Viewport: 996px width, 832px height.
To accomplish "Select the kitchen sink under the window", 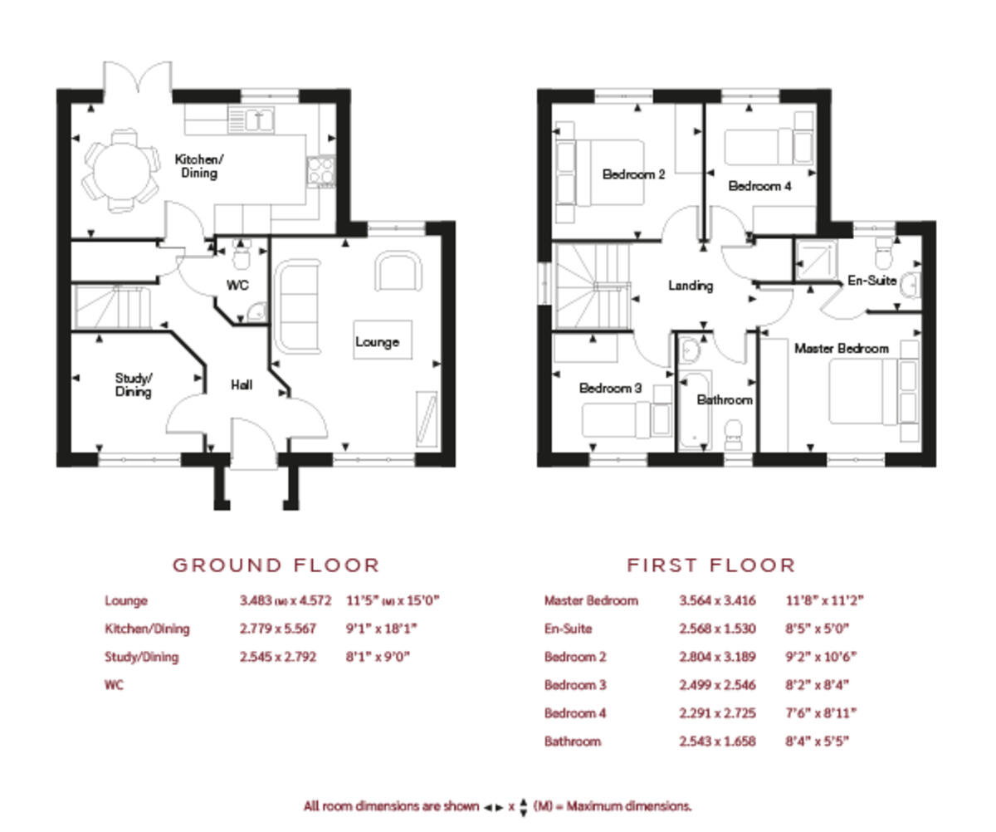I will point(261,119).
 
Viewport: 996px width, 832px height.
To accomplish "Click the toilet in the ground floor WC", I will point(242,257).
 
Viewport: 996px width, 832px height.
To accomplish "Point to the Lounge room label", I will point(377,342).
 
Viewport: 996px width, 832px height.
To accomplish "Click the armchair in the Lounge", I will point(398,272).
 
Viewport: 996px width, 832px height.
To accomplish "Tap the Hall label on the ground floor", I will point(242,385).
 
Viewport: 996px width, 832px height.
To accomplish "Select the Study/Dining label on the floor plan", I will point(133,385).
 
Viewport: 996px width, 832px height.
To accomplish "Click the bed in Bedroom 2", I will point(610,173).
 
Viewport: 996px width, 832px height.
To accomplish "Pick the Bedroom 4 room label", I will point(759,187).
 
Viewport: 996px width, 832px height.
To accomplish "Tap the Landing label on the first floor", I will point(691,286).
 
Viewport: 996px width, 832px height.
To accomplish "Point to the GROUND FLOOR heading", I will point(276,566).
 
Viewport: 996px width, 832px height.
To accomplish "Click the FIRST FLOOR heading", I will point(710,566).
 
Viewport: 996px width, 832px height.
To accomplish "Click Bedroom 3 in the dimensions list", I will point(575,685).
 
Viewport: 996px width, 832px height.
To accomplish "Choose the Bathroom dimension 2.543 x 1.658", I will point(717,741).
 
